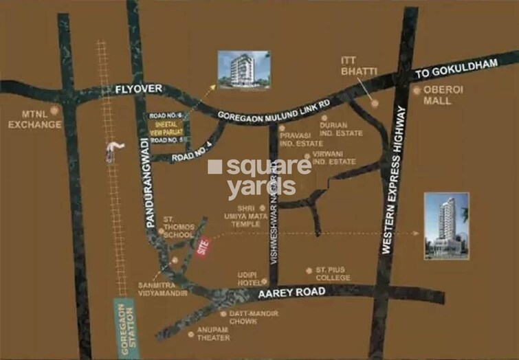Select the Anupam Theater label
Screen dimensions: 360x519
213,334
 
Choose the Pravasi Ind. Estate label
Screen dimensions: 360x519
301,139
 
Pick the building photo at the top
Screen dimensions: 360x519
243,69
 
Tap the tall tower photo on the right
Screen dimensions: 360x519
445,225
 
